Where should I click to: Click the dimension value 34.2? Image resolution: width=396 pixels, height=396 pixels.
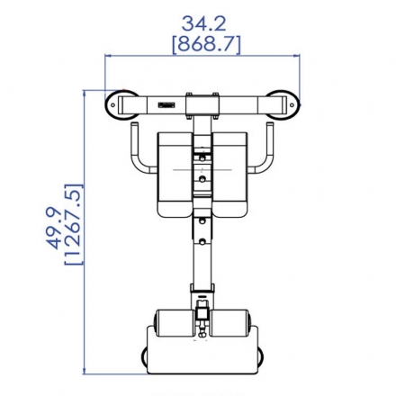click(203, 24)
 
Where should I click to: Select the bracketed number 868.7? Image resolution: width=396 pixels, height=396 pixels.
click(207, 44)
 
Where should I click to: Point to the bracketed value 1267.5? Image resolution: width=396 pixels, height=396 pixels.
click(74, 224)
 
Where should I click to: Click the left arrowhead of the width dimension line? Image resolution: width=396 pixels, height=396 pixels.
click(108, 56)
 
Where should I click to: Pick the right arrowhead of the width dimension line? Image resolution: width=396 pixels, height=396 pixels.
click(296, 56)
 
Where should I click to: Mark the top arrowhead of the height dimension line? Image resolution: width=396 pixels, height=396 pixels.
click(85, 94)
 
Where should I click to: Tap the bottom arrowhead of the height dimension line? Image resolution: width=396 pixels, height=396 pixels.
click(85, 371)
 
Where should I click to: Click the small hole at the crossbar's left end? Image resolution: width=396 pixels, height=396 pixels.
click(112, 105)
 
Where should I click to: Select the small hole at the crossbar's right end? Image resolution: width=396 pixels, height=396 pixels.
click(292, 105)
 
